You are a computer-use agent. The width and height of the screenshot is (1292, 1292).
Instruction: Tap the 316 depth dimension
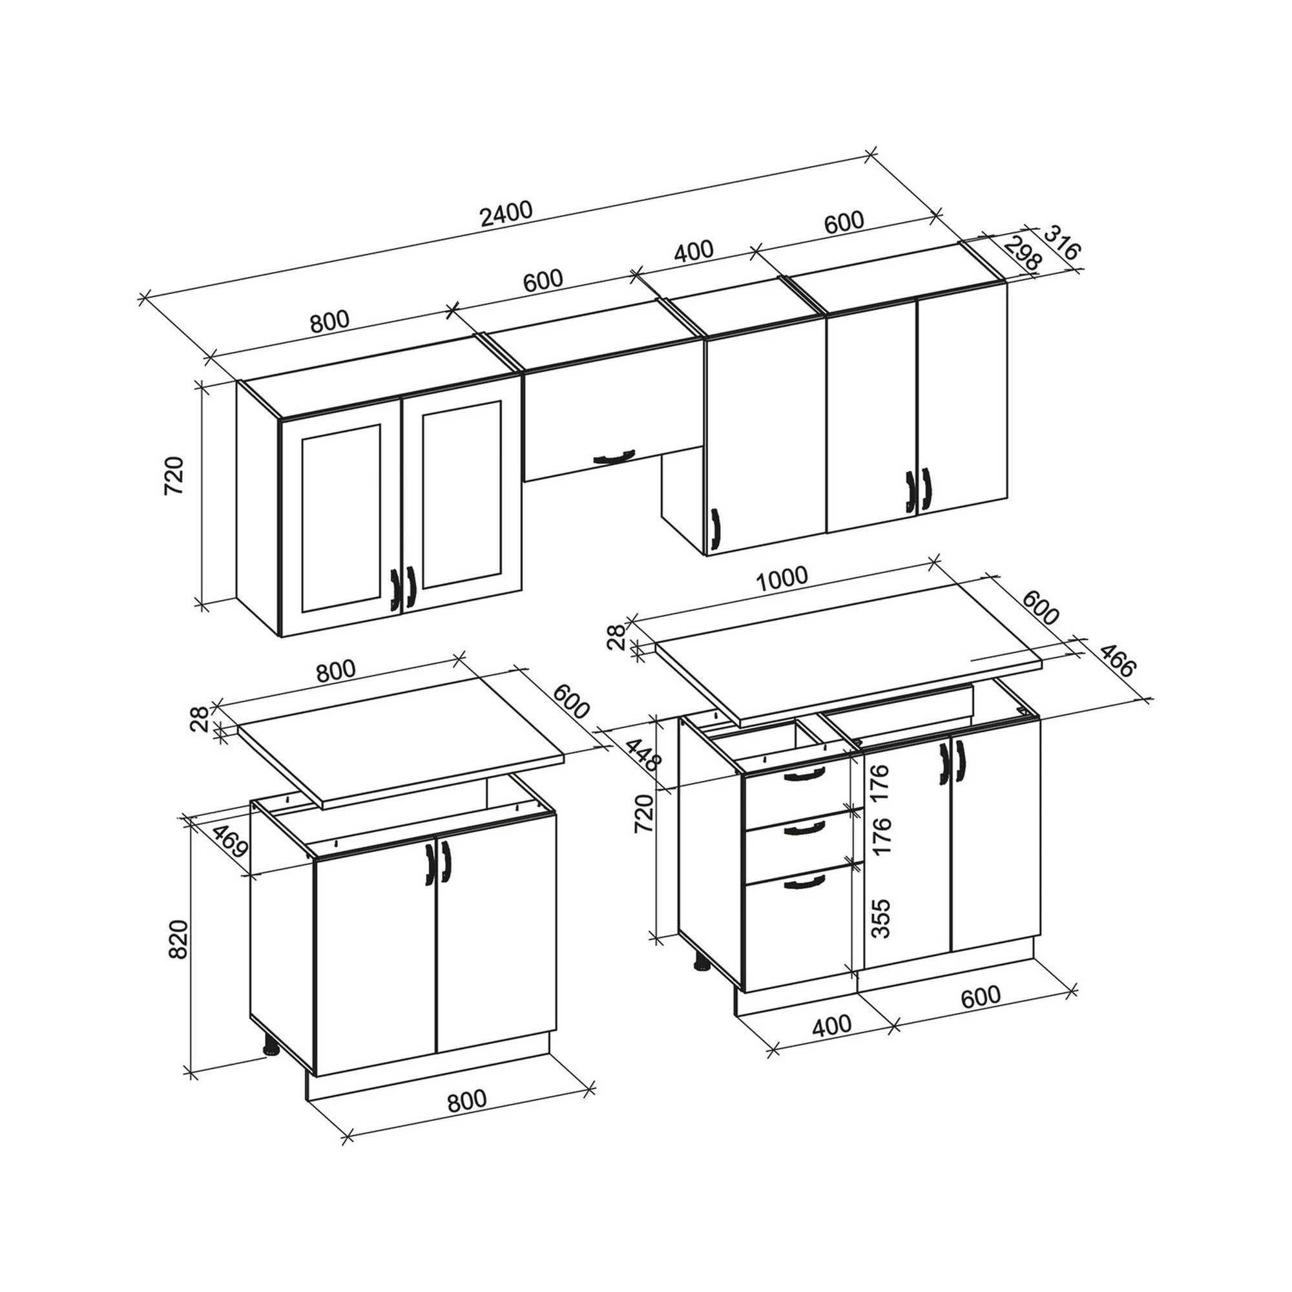coord(1061,243)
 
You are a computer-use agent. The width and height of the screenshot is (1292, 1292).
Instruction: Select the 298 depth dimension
coord(1023,253)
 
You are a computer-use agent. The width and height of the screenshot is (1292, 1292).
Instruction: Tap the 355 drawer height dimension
coord(882,917)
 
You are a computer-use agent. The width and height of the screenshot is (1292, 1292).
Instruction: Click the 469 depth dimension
coord(231,846)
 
